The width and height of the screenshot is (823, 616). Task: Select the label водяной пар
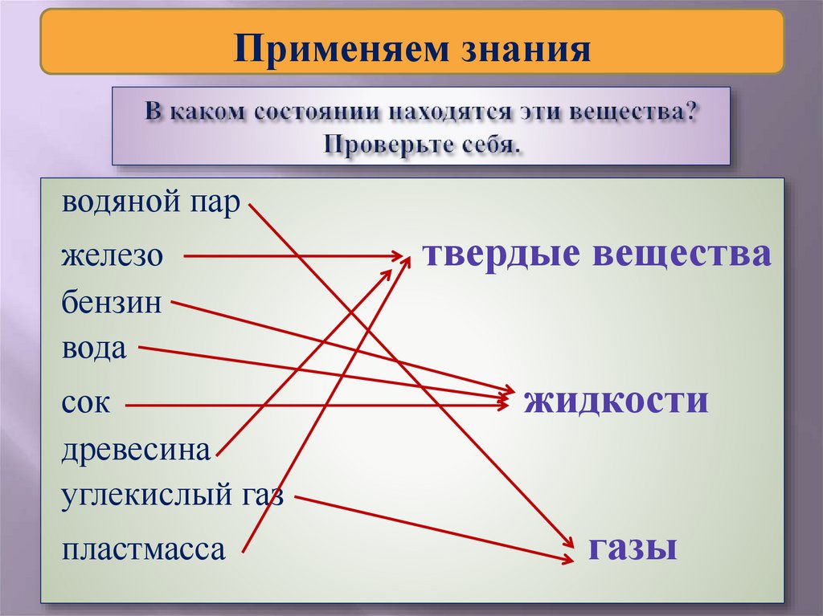(150, 204)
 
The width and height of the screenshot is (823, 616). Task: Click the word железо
(112, 257)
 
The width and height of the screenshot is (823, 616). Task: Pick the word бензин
(112, 304)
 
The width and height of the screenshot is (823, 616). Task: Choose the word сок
(85, 403)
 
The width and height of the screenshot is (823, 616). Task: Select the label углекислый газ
(173, 496)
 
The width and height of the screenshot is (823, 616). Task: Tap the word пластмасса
(143, 551)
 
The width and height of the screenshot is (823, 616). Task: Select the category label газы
(632, 548)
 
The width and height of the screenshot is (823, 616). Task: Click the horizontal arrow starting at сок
(313, 406)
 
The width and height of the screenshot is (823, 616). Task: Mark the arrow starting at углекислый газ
(434, 528)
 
